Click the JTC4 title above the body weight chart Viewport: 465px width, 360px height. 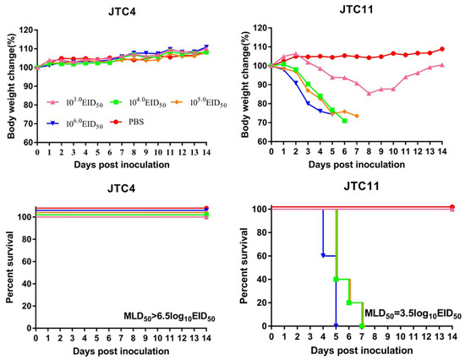[122, 12]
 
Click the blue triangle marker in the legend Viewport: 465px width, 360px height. [53, 123]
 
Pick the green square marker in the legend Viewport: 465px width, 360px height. [117, 102]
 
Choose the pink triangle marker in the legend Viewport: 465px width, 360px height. [53, 102]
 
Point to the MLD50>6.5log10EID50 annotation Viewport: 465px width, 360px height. [169, 317]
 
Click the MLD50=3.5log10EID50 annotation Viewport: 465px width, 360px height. [413, 314]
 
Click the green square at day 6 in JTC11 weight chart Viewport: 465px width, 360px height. [344, 121]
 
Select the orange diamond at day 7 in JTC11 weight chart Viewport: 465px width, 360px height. [357, 116]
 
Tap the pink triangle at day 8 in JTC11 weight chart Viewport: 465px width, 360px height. [369, 94]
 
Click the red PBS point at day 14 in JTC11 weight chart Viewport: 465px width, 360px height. [442, 49]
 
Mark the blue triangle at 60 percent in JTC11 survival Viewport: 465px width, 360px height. [323, 255]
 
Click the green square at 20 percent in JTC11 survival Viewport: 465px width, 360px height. [349, 303]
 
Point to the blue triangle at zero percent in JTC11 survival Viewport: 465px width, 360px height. [336, 326]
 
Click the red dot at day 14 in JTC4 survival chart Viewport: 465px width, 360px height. [206, 208]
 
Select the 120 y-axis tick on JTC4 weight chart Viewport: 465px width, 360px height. [26, 30]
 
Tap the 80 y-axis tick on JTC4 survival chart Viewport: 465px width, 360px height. [26, 239]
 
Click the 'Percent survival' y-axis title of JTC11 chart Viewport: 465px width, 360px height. [244, 265]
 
